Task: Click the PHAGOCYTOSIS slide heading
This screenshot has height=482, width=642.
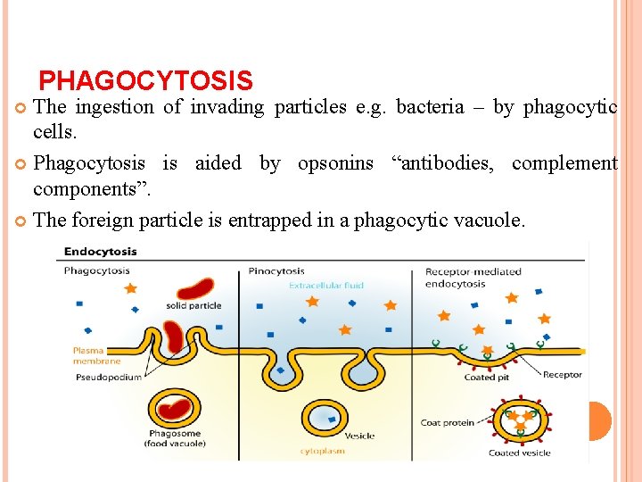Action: click(145, 81)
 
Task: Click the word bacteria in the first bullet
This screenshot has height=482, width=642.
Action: click(430, 108)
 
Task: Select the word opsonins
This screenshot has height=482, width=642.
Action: click(335, 163)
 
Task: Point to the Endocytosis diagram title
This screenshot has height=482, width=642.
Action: click(99, 252)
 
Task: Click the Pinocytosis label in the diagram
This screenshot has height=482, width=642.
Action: click(276, 271)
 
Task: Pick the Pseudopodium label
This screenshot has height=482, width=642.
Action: click(108, 378)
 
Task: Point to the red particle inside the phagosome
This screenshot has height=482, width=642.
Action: click(176, 409)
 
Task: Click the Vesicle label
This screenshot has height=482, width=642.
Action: click(359, 436)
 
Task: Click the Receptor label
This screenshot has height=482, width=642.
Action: click(563, 375)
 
